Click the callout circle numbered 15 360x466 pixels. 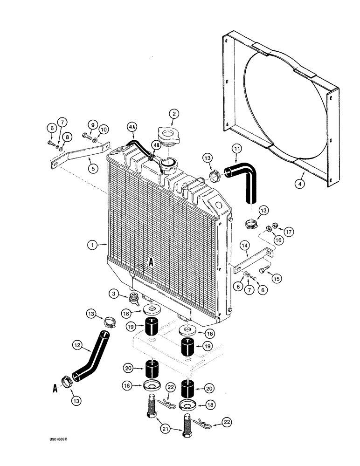pos(276,279)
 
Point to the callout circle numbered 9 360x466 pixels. pos(92,125)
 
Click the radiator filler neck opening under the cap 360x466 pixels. pos(167,164)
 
